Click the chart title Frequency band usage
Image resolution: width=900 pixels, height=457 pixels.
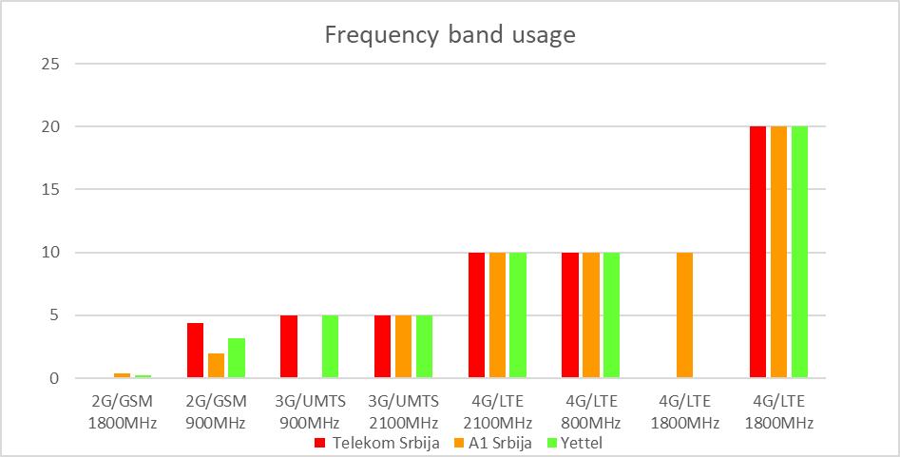coord(450,35)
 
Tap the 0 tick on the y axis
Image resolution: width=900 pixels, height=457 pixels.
coord(55,378)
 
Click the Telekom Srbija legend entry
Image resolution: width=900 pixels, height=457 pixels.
coord(377,443)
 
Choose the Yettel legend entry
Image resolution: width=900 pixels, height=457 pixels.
coord(579,443)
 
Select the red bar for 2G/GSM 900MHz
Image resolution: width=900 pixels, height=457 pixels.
coord(195,351)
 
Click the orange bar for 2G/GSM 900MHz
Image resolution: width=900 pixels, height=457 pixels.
coord(216,366)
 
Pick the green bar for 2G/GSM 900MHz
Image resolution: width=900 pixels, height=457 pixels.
coord(237,358)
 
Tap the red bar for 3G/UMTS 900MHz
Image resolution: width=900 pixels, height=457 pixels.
coord(289,347)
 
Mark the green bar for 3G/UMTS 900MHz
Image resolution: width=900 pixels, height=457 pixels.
coord(330,347)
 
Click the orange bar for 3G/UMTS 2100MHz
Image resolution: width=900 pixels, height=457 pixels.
coord(403,347)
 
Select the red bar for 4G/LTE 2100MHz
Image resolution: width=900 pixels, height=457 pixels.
coord(476,315)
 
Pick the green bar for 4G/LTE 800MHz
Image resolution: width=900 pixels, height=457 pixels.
coord(611,315)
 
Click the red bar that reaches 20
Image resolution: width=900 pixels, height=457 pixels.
coord(757,253)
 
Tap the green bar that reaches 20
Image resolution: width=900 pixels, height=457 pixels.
coord(799,253)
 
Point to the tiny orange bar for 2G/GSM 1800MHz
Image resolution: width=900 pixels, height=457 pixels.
coord(123,376)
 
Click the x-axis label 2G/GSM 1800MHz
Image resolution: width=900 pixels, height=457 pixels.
coord(122,412)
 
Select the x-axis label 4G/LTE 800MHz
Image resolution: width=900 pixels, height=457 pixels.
coord(590,412)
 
